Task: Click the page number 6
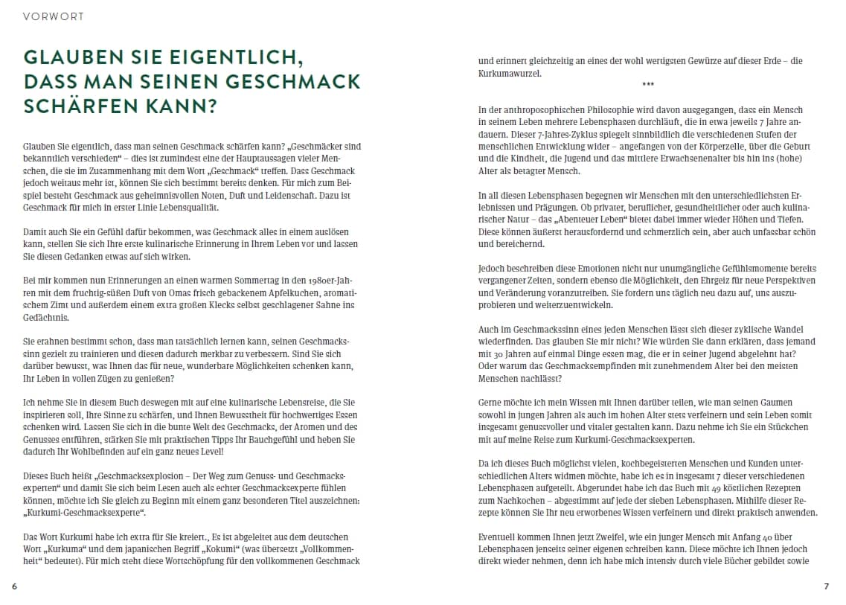(x=14, y=586)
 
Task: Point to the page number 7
(x=826, y=586)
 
